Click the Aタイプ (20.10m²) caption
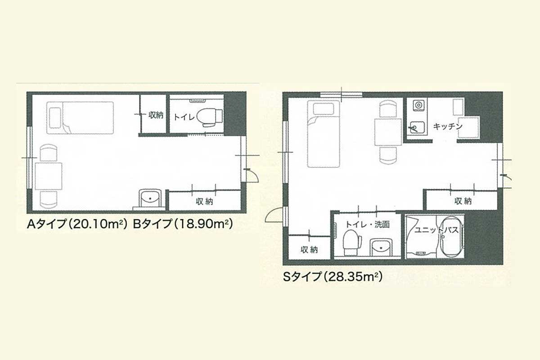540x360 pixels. coord(77,224)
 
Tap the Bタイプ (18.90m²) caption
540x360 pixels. coord(183,224)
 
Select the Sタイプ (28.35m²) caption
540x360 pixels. coord(333,276)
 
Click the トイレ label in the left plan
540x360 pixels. coord(184,117)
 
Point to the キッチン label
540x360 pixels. coord(448,126)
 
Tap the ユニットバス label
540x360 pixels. coord(436,230)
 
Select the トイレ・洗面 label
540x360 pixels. coord(368,225)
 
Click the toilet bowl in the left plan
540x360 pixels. coord(209,117)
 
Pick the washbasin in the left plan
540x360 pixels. coord(150,198)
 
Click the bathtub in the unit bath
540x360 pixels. coord(453,237)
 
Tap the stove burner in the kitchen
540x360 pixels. coord(418,105)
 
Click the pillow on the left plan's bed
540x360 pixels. coord(55,117)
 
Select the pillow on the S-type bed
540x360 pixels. coord(324,109)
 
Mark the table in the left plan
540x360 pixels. coord(49,176)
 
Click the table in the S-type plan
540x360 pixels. coord(388,132)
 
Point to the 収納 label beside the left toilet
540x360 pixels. coord(156,115)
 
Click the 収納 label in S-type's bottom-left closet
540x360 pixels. coord(309,250)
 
